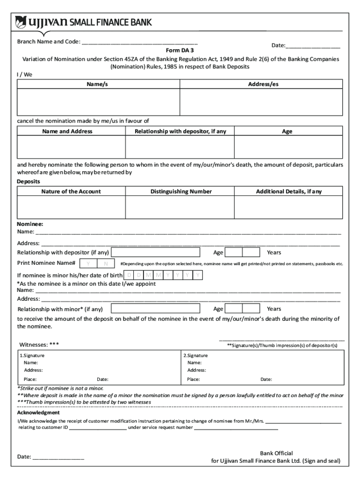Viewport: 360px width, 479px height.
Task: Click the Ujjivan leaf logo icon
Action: click(22, 22)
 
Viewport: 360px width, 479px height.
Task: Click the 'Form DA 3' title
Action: click(180, 50)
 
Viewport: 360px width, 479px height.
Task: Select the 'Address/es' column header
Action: click(263, 84)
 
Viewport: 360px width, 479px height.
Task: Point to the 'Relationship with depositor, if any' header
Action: click(180, 131)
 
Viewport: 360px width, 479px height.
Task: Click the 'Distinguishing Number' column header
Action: click(181, 191)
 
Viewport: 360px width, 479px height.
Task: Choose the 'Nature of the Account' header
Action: click(71, 191)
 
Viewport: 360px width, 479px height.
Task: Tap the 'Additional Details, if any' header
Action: click(288, 191)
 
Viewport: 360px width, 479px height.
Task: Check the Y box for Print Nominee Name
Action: click(88, 263)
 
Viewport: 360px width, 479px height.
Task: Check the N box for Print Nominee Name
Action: click(106, 263)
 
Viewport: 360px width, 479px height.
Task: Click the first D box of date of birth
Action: click(129, 275)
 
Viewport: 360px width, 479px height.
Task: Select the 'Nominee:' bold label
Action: click(30, 224)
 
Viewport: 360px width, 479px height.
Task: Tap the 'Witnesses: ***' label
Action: click(39, 345)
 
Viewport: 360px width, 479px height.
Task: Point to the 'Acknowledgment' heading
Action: click(38, 413)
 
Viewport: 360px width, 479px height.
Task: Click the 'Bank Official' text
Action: click(276, 453)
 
